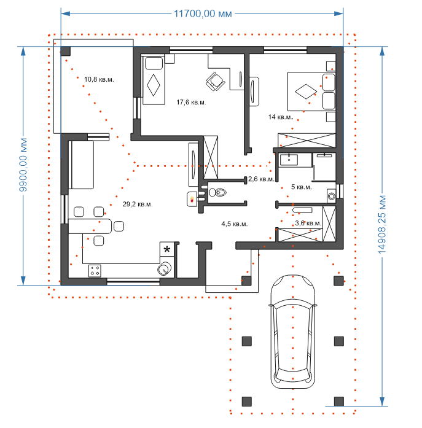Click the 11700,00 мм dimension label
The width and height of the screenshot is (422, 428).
click(x=203, y=14)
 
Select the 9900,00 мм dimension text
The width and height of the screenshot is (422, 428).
click(x=23, y=165)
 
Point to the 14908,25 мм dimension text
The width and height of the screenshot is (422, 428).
click(x=382, y=225)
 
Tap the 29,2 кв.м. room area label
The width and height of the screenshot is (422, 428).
click(x=138, y=204)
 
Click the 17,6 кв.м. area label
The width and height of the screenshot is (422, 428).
click(x=191, y=103)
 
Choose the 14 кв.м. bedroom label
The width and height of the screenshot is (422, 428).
click(x=281, y=117)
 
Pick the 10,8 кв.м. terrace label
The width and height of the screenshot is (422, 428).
click(x=99, y=79)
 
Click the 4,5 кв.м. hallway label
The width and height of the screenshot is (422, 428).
click(x=235, y=224)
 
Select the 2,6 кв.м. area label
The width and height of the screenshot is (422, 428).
click(x=261, y=179)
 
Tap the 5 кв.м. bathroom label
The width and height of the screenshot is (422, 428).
click(x=302, y=187)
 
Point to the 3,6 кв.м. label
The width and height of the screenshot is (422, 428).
click(x=308, y=224)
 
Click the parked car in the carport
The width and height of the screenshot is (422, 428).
click(x=293, y=332)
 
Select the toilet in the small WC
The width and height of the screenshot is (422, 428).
click(x=217, y=192)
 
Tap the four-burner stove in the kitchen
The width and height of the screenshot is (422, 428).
click(x=95, y=271)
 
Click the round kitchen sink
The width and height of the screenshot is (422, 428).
click(x=165, y=269)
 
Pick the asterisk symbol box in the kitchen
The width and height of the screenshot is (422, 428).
click(x=167, y=249)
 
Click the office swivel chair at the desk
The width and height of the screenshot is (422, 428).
click(x=216, y=81)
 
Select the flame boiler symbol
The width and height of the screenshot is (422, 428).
click(x=192, y=199)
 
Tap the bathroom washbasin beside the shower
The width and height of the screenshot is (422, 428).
click(x=289, y=160)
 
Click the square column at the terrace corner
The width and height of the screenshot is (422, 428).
click(x=65, y=51)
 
